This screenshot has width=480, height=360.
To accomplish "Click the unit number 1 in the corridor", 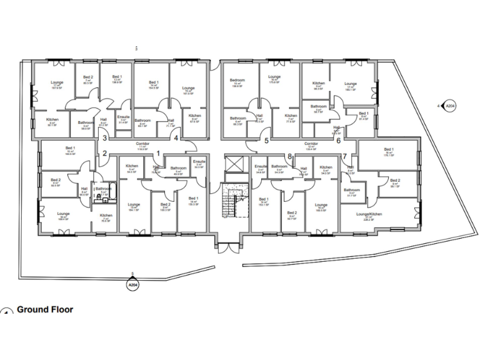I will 158,153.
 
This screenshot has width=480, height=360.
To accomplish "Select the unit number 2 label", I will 105,154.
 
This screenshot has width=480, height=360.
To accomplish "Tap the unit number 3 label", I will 105,138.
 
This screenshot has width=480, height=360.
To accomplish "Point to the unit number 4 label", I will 177,138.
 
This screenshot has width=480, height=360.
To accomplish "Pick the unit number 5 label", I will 266,141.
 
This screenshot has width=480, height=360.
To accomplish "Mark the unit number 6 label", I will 338,141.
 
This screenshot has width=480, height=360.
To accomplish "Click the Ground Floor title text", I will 45,309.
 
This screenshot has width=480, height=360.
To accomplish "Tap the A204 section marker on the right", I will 448,107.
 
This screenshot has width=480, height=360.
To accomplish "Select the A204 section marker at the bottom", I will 132,284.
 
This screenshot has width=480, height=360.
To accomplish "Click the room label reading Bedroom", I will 237,81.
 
